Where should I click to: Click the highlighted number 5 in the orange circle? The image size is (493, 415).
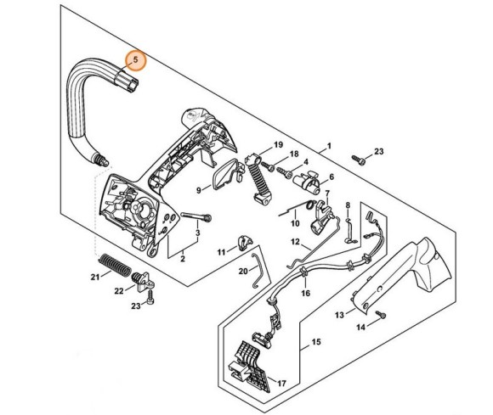134,62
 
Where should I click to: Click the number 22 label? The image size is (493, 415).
119,291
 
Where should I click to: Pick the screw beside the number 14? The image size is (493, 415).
382,315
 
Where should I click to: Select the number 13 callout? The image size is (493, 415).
339,315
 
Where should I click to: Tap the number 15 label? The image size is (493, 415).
315,343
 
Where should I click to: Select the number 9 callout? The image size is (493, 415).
198,190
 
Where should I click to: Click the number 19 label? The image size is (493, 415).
277,147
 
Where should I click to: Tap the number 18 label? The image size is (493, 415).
294,154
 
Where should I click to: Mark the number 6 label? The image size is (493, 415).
331,177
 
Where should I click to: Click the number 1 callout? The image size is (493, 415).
329,147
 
